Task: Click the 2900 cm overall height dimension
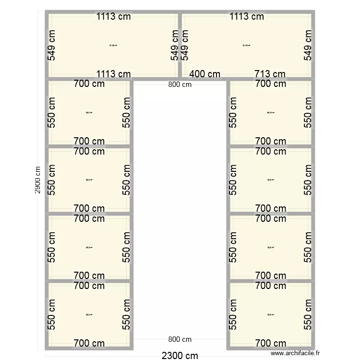pyautogui.click(x=37, y=180)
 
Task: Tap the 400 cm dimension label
pyautogui.click(x=205, y=74)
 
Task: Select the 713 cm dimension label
pyautogui.click(x=269, y=74)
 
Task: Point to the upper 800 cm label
pyautogui.click(x=180, y=84)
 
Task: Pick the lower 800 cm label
pyautogui.click(x=180, y=339)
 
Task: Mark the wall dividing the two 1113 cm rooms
pyautogui.click(x=180, y=45)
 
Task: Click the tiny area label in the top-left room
pyautogui.click(x=113, y=46)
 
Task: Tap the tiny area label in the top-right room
pyautogui.click(x=247, y=46)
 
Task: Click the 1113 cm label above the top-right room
pyautogui.click(x=247, y=16)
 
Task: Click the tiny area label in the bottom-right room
pyautogui.click(x=270, y=315)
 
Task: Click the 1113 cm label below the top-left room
pyautogui.click(x=113, y=74)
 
